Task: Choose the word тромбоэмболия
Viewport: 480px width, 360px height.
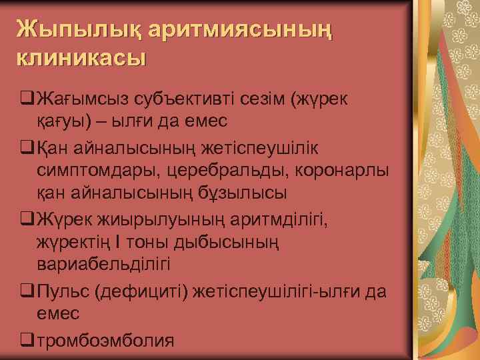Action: [105, 341]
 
